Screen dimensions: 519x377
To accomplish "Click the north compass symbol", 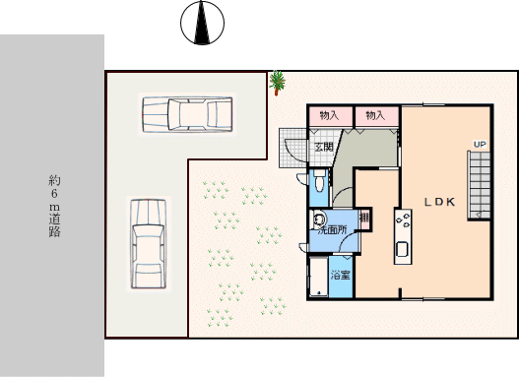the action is (x=202, y=23).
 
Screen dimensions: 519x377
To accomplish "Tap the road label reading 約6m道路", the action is (x=54, y=206).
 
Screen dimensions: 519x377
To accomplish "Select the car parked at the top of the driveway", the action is (x=187, y=114).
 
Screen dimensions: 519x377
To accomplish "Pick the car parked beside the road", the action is (x=149, y=244).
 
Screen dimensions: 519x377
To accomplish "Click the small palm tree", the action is (x=277, y=83).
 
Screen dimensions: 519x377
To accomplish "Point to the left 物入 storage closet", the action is (x=330, y=116).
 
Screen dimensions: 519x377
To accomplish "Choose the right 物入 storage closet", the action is (x=376, y=116).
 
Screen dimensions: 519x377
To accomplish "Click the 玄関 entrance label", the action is (x=323, y=147).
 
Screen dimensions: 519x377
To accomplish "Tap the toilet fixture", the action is (x=319, y=181).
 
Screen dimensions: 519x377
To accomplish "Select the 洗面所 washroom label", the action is (x=332, y=230).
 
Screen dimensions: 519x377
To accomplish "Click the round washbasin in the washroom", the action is (x=319, y=219).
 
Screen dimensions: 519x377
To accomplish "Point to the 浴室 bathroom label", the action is (x=341, y=276).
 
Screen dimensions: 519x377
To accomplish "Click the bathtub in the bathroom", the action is (x=318, y=277).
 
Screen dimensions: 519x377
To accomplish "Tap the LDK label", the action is (x=440, y=202).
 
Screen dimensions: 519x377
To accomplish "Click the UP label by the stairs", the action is (x=480, y=145).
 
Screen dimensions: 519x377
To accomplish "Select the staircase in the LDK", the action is (x=479, y=185).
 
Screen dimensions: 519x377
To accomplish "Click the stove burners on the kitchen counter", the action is (x=403, y=220).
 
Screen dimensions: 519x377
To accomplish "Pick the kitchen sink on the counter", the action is (x=403, y=249).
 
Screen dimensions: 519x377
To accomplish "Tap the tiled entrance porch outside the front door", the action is (x=292, y=148).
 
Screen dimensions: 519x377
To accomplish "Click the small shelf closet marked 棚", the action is (x=364, y=218).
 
